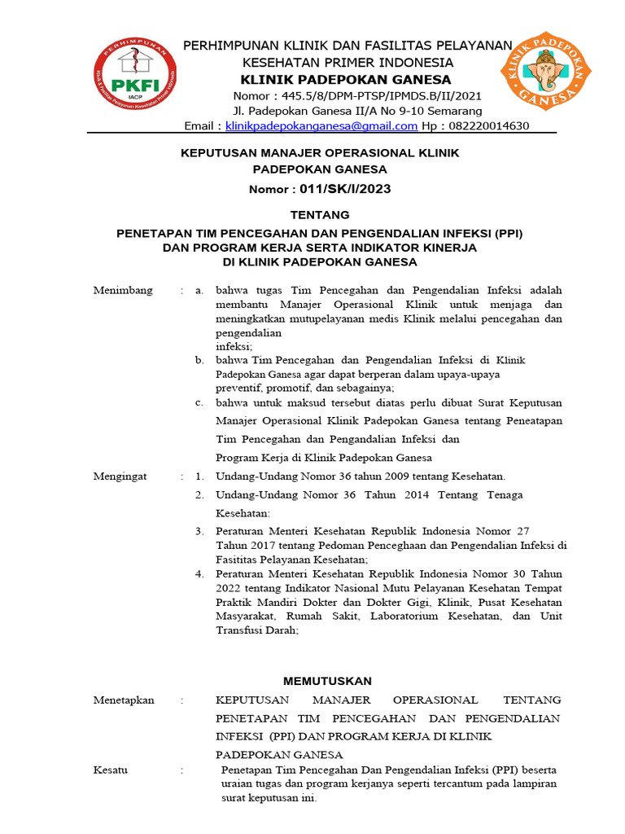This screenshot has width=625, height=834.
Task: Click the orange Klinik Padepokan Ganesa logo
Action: click(x=544, y=70)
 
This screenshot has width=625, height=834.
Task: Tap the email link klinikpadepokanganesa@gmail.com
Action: click(x=321, y=126)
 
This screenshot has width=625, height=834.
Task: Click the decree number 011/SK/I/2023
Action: click(x=345, y=189)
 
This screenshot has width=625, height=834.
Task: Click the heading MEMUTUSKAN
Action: click(x=327, y=681)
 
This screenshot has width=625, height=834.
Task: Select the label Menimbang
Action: click(x=122, y=291)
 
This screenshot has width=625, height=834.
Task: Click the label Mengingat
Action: click(x=120, y=476)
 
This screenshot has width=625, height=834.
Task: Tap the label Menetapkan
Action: click(x=124, y=700)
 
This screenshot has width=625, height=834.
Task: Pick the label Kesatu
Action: click(x=111, y=770)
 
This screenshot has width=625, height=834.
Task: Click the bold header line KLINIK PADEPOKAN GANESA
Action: click(x=345, y=79)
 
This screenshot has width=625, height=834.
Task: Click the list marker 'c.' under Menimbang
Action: click(x=199, y=402)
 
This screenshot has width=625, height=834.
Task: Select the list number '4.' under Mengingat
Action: click(x=199, y=574)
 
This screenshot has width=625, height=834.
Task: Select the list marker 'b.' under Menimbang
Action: click(x=199, y=359)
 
